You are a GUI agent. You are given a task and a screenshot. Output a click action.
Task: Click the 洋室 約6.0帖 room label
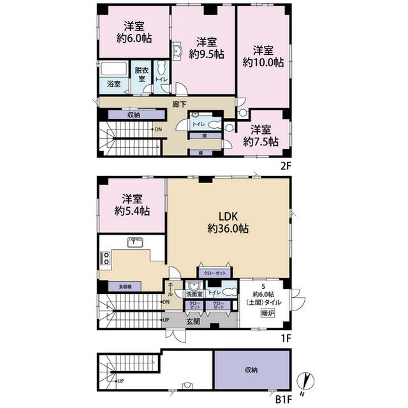(134, 32)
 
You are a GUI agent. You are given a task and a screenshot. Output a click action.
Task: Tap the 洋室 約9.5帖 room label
(205, 48)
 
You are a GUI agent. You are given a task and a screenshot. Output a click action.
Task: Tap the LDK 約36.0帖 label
(228, 221)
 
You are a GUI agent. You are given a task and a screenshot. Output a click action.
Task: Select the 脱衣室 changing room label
(142, 74)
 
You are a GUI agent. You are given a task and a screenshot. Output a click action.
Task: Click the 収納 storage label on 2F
(133, 115)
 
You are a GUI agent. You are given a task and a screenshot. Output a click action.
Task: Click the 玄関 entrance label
(193, 321)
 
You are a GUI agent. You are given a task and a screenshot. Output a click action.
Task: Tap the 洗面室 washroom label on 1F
(193, 295)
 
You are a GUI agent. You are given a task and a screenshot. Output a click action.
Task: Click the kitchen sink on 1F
(136, 241)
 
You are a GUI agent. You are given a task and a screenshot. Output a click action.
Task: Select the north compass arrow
(309, 381)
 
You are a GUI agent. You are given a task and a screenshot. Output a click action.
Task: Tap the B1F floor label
(285, 401)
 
